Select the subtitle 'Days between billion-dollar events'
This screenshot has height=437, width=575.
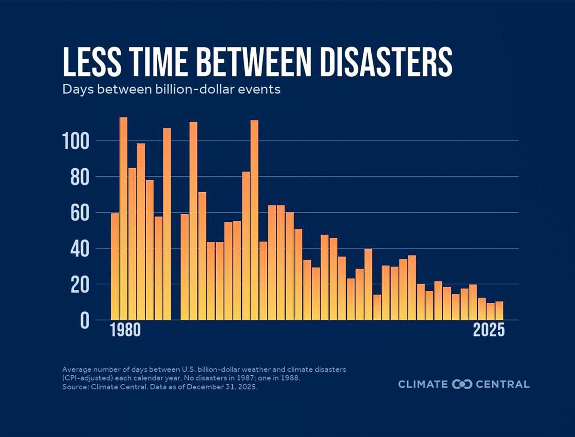171,90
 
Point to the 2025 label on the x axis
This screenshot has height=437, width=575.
489,331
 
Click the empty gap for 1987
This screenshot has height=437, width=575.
176,287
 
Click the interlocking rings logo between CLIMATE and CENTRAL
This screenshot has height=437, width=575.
462,384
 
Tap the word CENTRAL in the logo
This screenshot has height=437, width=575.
503,384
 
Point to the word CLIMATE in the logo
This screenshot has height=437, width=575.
423,384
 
